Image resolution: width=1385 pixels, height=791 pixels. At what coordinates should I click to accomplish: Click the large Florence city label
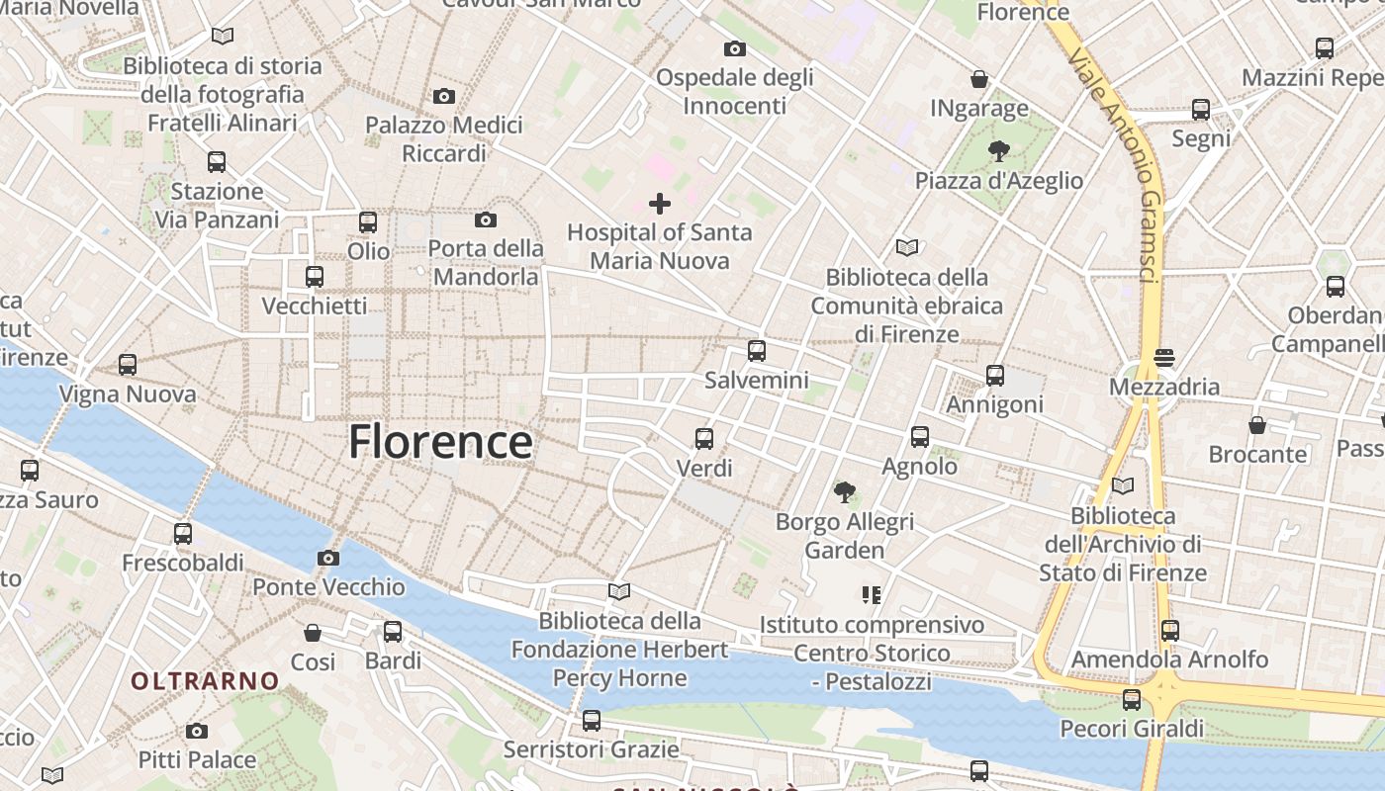click(440, 441)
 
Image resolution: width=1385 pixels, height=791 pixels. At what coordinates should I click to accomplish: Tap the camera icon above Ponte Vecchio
click(328, 559)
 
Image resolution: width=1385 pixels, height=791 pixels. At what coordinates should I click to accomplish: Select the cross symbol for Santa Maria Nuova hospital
click(660, 204)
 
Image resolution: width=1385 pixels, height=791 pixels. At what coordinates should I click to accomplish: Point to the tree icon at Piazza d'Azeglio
click(999, 151)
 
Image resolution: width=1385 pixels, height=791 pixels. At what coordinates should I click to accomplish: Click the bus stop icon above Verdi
click(704, 438)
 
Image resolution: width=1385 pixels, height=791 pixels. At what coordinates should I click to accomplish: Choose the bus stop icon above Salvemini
click(757, 350)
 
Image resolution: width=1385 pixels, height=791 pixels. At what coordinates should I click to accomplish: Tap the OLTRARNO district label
click(206, 680)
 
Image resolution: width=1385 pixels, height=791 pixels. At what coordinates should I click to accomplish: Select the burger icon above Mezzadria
click(1164, 357)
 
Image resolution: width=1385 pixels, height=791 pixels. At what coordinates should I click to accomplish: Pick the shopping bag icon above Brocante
click(1257, 425)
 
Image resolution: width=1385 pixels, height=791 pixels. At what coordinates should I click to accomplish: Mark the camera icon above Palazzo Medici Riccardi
click(444, 96)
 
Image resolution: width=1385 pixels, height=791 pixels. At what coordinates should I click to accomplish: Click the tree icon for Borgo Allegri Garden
click(844, 491)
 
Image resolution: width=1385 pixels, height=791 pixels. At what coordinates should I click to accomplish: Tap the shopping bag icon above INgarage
click(979, 79)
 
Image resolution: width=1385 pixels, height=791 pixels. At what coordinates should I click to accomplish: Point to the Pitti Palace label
click(197, 759)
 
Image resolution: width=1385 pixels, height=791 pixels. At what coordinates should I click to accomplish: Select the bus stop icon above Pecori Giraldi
click(1132, 700)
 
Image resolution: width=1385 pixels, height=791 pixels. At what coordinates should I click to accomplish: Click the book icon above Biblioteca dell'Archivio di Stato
click(1123, 485)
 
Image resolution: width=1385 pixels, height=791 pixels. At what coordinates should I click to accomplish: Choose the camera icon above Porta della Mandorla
click(486, 220)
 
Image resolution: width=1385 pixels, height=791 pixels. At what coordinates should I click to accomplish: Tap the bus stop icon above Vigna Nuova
click(128, 365)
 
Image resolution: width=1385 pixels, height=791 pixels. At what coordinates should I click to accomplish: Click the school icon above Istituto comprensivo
click(872, 595)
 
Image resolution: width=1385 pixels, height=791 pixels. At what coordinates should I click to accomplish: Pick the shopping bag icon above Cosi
click(313, 633)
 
